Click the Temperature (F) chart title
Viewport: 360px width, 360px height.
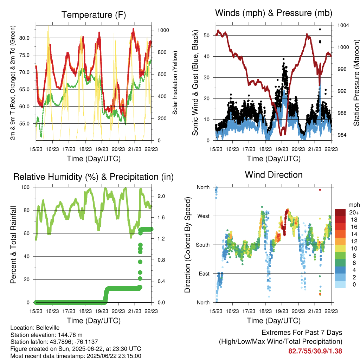tap(94, 15)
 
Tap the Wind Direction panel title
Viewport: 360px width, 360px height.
tap(274, 175)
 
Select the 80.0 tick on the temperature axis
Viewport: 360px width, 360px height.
tap(24, 38)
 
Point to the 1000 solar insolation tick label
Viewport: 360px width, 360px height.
tap(163, 30)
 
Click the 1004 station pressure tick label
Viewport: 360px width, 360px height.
tap(343, 25)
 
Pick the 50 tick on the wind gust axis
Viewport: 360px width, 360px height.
tap(206, 36)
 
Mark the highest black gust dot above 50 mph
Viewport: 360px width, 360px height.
tap(320, 30)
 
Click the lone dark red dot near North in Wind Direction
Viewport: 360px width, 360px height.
tap(320, 190)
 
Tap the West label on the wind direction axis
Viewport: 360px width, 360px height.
tap(204, 216)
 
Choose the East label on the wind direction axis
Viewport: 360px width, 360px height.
tap(204, 274)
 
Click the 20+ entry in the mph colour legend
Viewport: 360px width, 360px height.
tap(354, 212)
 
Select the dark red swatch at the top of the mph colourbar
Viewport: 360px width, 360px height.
tap(340, 212)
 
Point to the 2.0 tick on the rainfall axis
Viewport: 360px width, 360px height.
tap(161, 196)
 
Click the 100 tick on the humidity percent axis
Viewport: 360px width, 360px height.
tap(25, 187)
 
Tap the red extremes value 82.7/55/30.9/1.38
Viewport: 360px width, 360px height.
tap(315, 351)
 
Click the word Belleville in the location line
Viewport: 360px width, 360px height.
tap(48, 328)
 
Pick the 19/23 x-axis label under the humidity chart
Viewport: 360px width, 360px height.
tap(102, 311)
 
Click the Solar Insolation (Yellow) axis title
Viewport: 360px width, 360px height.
tap(175, 83)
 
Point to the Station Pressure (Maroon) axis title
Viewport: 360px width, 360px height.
tap(356, 83)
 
